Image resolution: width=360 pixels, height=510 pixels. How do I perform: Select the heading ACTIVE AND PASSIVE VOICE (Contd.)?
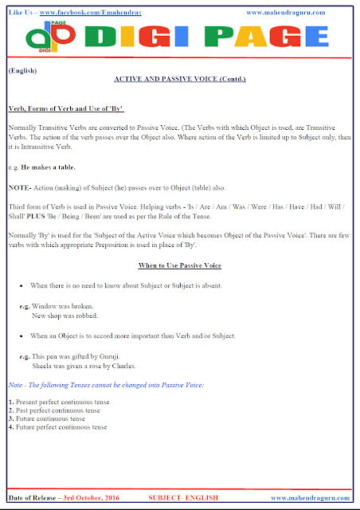point(180,80)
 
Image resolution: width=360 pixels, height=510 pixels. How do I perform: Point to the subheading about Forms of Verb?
point(65,107)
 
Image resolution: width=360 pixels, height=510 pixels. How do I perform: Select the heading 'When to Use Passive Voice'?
point(179,265)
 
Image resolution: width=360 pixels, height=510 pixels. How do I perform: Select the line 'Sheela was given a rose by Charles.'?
point(84,367)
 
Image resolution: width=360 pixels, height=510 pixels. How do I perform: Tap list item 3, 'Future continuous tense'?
point(49,418)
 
